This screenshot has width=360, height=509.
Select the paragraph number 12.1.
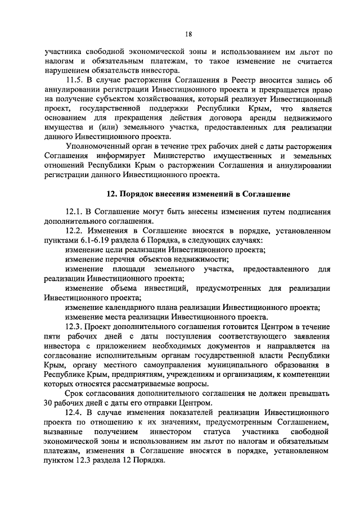(74, 213)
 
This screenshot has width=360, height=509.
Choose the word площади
(122, 270)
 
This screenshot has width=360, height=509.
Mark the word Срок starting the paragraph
(75, 393)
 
